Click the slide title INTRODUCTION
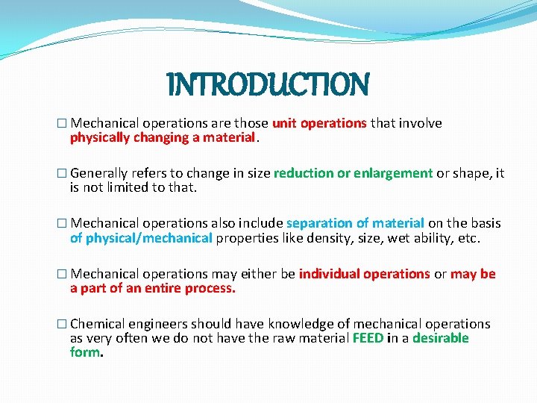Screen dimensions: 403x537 268,84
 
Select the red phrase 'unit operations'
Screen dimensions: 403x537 319,123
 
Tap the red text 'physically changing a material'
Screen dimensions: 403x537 163,137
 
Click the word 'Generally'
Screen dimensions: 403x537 100,173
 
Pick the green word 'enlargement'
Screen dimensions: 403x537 393,173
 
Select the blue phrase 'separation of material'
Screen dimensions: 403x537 355,223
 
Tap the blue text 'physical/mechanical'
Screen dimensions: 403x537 149,238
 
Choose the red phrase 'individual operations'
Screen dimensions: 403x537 364,274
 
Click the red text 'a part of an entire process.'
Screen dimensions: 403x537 152,288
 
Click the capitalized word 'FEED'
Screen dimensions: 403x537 368,338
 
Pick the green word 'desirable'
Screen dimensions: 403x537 440,338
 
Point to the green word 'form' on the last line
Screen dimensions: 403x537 84,352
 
